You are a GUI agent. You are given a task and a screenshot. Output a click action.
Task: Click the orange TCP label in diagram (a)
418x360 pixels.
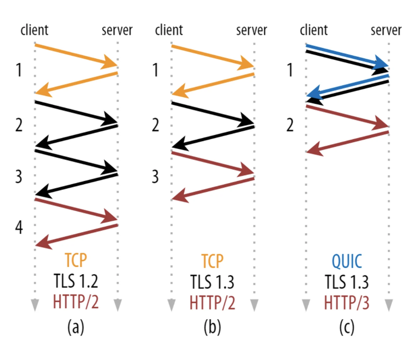click(76, 260)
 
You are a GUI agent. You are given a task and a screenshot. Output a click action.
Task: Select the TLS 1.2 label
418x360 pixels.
click(76, 281)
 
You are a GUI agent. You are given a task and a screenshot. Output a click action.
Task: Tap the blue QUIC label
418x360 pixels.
click(347, 261)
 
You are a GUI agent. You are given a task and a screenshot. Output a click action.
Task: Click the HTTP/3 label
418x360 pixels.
click(347, 303)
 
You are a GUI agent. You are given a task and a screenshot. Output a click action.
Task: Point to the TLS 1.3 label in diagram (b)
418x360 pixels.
click(212, 282)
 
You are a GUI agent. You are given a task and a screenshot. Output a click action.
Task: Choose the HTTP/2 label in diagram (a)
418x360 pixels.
click(76, 302)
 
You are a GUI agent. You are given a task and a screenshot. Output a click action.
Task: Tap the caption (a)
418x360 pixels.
click(76, 327)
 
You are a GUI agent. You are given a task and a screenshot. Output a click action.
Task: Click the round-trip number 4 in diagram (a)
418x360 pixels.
click(19, 228)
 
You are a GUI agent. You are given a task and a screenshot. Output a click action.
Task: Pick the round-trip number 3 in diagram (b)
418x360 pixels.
click(155, 176)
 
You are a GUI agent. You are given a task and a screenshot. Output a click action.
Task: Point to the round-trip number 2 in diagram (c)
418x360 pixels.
click(290, 125)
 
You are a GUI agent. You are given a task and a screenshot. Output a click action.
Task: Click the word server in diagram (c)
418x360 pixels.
click(386, 30)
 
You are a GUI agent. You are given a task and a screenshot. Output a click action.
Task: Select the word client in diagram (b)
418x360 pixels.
click(169, 30)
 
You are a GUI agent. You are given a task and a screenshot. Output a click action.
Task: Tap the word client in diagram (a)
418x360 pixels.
click(35, 30)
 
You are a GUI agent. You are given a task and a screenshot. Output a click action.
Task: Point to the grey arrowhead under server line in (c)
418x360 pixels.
click(389, 305)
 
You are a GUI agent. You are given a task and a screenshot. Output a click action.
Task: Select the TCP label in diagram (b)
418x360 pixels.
click(212, 261)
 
